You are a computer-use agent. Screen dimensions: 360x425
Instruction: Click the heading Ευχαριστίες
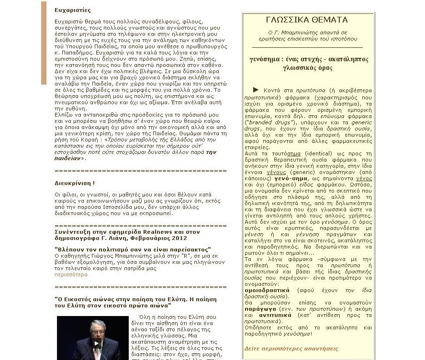click(73, 10)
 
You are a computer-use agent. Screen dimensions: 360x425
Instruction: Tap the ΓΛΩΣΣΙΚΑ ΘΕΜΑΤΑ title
click(307, 20)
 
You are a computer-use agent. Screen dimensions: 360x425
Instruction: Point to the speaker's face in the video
click(98, 329)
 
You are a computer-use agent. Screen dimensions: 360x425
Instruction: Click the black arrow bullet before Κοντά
click(256, 89)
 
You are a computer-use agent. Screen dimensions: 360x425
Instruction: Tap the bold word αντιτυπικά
click(275, 315)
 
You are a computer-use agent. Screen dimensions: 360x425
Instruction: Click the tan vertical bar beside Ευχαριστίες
click(44, 43)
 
